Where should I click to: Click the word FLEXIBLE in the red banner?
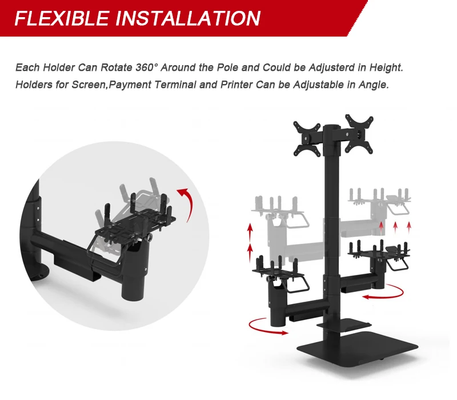point(62,18)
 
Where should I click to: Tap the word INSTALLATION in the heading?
point(188,18)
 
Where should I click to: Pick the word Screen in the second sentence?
point(89,85)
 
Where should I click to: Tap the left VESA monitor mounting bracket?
point(307,138)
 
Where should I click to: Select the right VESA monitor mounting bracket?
point(359,134)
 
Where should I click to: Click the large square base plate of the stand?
point(358,347)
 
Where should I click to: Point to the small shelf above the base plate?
point(344,325)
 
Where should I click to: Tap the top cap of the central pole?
point(332,127)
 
